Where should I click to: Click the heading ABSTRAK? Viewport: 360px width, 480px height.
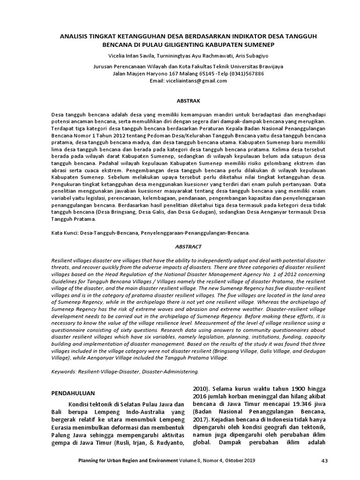click(180, 101)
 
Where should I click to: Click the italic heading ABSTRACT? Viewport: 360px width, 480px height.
click(180, 246)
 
